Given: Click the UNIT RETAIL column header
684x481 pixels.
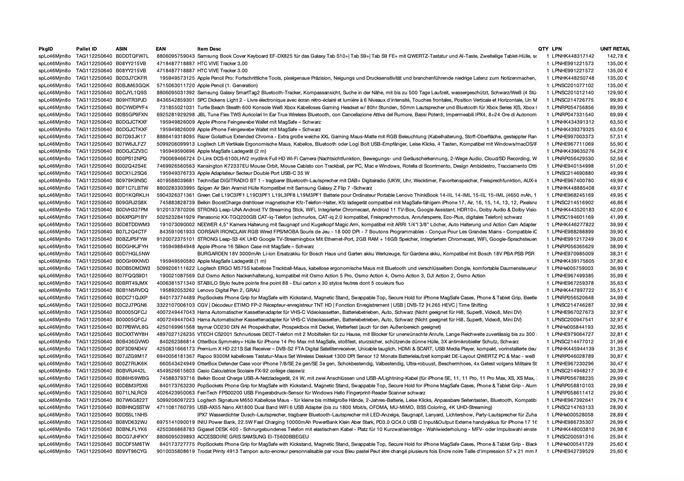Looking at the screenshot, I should [615, 49].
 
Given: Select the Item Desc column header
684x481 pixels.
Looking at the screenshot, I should [209, 49].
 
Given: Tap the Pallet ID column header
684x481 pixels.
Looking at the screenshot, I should [86, 49].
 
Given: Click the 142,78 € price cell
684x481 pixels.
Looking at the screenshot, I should [617, 56].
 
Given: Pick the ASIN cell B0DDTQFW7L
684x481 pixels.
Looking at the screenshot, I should [132, 56].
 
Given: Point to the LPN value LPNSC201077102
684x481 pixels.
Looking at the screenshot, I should [573, 85].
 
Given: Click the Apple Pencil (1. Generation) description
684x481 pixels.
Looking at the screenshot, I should [227, 85].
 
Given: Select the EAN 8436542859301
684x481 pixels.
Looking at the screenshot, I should [176, 100].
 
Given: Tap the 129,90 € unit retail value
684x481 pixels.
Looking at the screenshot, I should [617, 93].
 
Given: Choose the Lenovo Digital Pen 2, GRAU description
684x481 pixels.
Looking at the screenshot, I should [228, 290].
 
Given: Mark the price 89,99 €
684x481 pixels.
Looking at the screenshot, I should [619, 107].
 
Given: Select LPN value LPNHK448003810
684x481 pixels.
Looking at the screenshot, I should [573, 429].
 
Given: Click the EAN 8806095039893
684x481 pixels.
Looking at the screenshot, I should [176, 437].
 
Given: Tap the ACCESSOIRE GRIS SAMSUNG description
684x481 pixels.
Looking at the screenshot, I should [253, 437].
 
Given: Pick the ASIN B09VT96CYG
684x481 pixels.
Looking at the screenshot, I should [131, 451].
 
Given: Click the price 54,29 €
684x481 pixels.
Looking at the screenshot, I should [619, 151].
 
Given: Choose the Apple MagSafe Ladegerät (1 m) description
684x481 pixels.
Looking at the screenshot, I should [232, 261].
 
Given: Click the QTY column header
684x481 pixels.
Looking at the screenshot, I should [543, 49].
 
